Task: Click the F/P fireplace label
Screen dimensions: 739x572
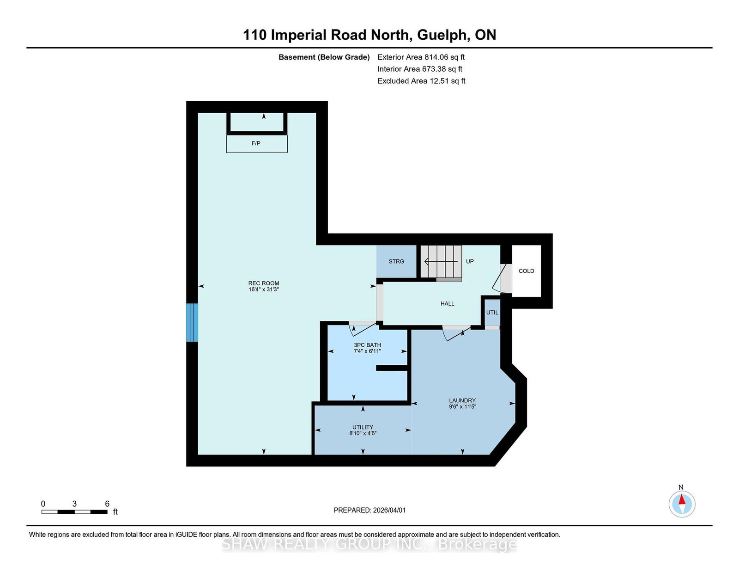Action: point(256,143)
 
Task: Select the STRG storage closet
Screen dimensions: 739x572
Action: point(396,261)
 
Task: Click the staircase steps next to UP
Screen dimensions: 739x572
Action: point(441,261)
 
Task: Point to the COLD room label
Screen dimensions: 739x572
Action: point(526,271)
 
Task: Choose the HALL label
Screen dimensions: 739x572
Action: point(447,304)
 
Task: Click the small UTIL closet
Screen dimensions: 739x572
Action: point(492,312)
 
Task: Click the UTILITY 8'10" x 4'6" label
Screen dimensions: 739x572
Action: point(363,431)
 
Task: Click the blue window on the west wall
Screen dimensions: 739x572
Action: point(192,322)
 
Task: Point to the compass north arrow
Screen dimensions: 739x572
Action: point(682,499)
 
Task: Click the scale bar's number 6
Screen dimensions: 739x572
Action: point(107,504)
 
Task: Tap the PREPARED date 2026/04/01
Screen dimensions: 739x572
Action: point(389,510)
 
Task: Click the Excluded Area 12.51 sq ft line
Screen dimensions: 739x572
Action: point(421,81)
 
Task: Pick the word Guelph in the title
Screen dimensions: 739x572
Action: point(442,36)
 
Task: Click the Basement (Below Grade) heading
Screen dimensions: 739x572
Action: point(324,57)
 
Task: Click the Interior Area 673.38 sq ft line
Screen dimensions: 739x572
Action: point(420,69)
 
